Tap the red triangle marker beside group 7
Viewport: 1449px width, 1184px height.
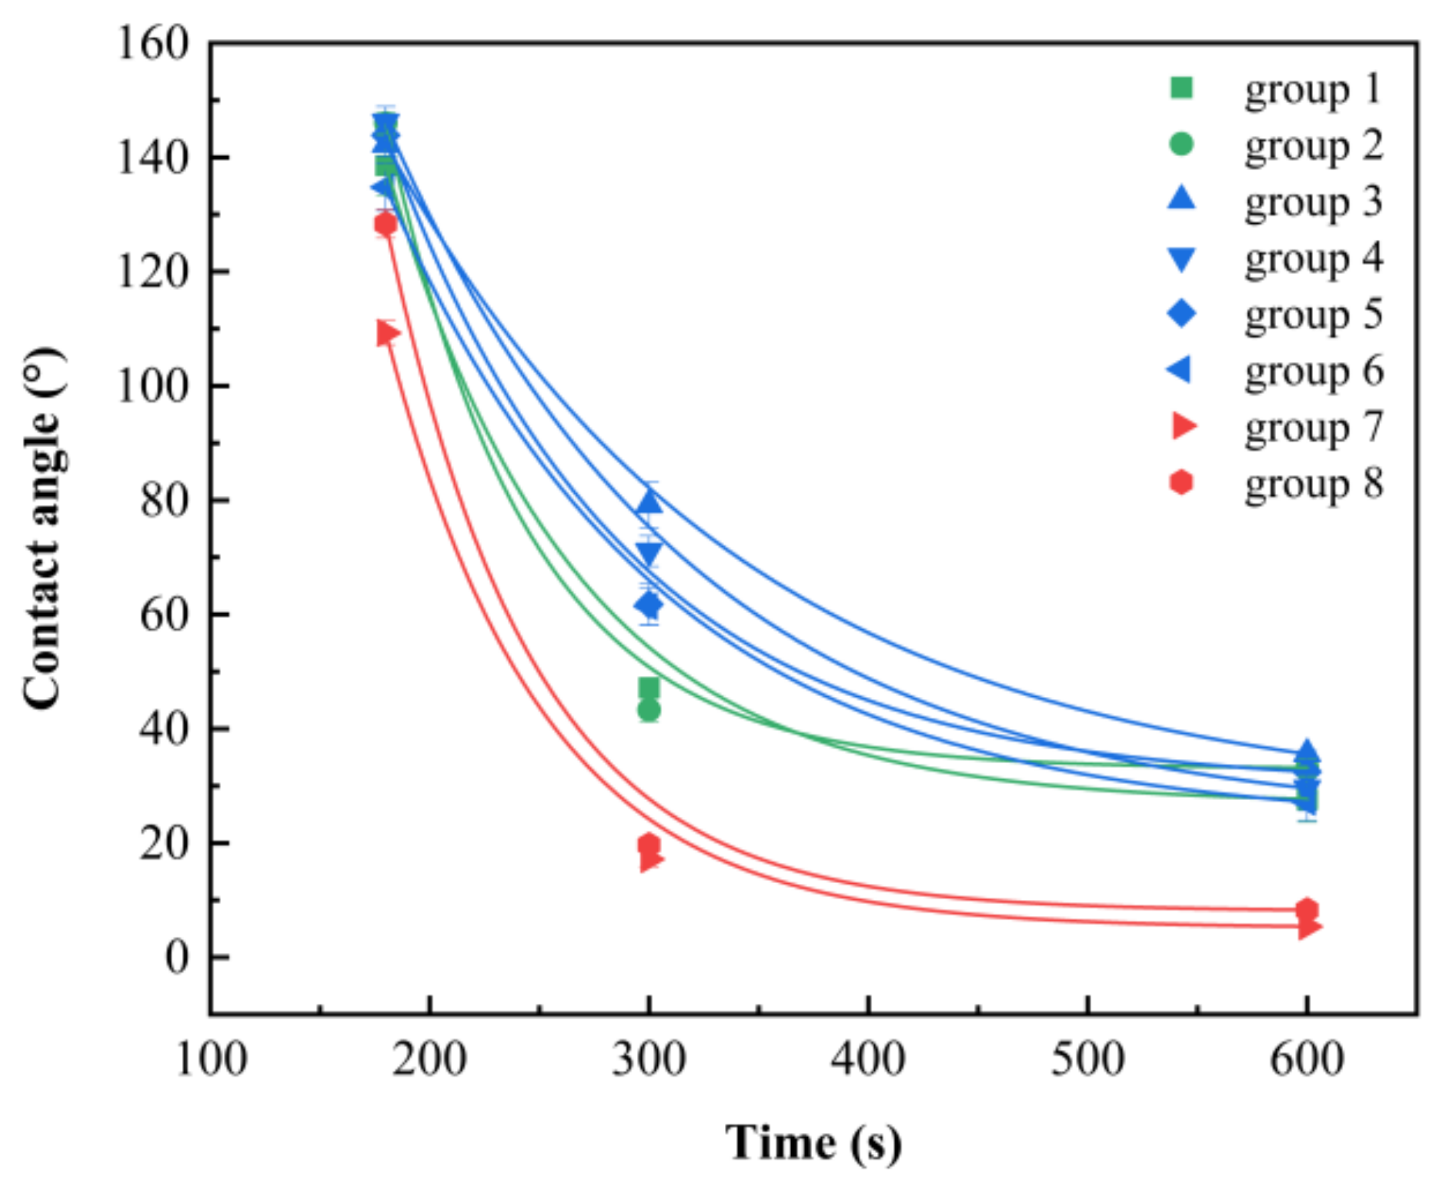click(1184, 426)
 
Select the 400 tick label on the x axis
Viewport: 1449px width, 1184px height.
click(868, 1060)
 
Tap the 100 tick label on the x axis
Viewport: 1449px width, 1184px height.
click(211, 1060)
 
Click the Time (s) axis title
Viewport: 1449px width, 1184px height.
click(813, 1142)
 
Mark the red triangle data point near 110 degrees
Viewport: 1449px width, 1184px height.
click(387, 334)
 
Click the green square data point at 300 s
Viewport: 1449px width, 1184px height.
click(649, 687)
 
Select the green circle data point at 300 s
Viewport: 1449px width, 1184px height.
click(649, 711)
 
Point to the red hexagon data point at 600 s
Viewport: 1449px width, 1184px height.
click(1306, 909)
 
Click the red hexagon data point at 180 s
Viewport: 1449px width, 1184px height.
click(386, 224)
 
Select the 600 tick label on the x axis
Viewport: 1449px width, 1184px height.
click(1306, 1060)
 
